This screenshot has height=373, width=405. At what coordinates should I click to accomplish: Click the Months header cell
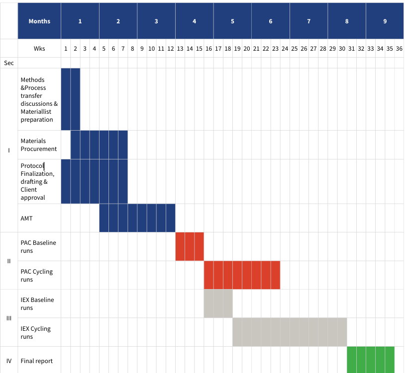39,21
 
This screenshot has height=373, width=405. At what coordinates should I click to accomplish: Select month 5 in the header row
232,21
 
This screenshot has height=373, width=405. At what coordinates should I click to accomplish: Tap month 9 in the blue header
385,21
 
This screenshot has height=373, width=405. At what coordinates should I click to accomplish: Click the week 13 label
180,49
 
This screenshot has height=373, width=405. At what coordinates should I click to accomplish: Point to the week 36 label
399,49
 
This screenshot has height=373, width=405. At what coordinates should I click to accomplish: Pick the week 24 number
285,49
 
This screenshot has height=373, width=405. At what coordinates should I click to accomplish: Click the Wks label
39,49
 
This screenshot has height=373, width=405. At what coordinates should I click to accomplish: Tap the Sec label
9,63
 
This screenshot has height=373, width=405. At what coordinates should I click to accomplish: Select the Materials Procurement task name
39,145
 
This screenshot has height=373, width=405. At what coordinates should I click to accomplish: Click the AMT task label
27,218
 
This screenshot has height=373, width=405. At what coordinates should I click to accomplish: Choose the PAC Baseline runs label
38,247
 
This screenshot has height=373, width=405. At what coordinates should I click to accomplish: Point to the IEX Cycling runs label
36,332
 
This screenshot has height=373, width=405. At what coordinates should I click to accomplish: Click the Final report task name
37,361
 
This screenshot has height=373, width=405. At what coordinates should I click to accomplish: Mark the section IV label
9,361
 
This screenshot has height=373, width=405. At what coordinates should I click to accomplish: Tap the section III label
9,318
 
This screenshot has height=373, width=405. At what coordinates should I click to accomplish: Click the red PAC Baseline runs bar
190,246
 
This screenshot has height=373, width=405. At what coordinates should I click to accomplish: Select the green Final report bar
371,360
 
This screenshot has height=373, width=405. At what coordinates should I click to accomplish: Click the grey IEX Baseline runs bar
218,303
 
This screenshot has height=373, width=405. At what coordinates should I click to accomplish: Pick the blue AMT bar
137,218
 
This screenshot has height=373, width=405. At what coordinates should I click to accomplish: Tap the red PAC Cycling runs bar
242,275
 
